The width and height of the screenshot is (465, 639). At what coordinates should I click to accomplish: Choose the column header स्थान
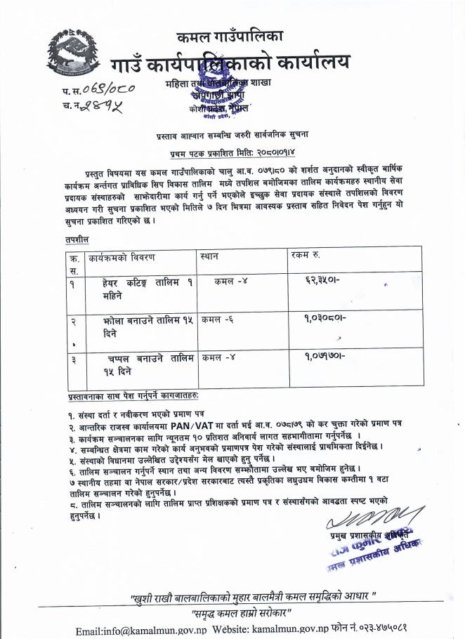tap(209, 256)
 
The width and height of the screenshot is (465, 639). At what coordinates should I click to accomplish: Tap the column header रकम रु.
tap(306, 256)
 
